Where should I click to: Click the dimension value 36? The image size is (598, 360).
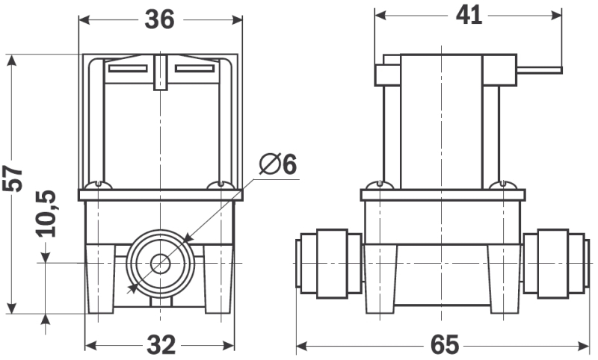pos(159,19)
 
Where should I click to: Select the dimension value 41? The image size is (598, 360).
pos(469,16)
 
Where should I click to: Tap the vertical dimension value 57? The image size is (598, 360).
pos(13,179)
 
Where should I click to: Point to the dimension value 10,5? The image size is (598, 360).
pos(46,214)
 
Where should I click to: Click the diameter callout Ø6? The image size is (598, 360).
pos(278,164)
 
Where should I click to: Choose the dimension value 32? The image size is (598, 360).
pos(161,345)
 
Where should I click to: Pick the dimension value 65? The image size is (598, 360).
pos(445,345)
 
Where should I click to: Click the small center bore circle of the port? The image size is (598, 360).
pos(160,263)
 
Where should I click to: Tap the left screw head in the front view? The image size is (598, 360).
pos(99,185)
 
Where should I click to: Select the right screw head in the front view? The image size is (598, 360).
pos(221,185)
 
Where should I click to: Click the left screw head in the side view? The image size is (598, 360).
pos(380,185)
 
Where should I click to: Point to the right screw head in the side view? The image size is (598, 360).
pos(503,185)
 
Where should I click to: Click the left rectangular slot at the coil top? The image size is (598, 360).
pos(128,69)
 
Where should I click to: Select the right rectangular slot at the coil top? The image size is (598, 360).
pos(194,69)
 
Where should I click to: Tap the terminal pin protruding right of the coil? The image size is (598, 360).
pos(539,70)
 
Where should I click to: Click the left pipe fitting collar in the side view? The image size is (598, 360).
pos(332,264)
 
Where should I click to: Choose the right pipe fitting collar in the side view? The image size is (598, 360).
pos(553,264)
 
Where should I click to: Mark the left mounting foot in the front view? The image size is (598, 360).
pos(100,279)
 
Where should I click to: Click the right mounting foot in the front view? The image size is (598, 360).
pos(219,279)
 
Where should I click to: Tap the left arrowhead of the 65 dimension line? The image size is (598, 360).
pos(301,347)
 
